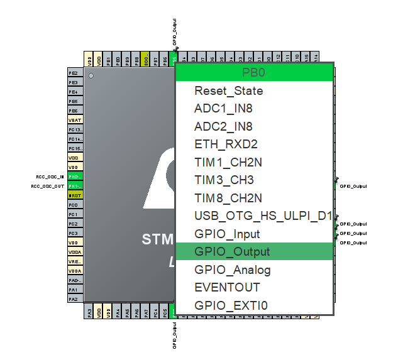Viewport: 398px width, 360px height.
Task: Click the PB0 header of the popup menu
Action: tap(253, 72)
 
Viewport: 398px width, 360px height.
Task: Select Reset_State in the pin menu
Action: tap(229, 91)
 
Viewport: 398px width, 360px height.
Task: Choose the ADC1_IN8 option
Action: tap(224, 109)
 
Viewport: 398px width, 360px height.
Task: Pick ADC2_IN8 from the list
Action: tap(224, 126)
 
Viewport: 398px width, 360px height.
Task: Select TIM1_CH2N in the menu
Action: tap(228, 162)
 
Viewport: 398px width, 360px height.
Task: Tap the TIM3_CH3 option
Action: tap(224, 180)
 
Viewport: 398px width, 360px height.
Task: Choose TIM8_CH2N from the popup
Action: tap(228, 199)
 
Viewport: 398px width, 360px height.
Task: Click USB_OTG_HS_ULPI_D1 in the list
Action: tap(263, 216)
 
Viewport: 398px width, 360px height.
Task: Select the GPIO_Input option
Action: tap(227, 234)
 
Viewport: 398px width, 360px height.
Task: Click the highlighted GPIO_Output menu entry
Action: tap(232, 252)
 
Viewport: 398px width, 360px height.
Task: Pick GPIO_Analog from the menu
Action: tap(233, 270)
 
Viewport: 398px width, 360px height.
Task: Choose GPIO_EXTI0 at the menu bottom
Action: tap(231, 306)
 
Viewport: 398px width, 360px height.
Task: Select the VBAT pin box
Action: tap(75, 120)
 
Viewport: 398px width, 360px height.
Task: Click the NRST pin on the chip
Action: tap(75, 195)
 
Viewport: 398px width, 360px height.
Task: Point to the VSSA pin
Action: tap(75, 252)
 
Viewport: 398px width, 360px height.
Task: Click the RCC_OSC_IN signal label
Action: tap(50, 177)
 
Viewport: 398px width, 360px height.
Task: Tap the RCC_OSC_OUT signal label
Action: tap(48, 186)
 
